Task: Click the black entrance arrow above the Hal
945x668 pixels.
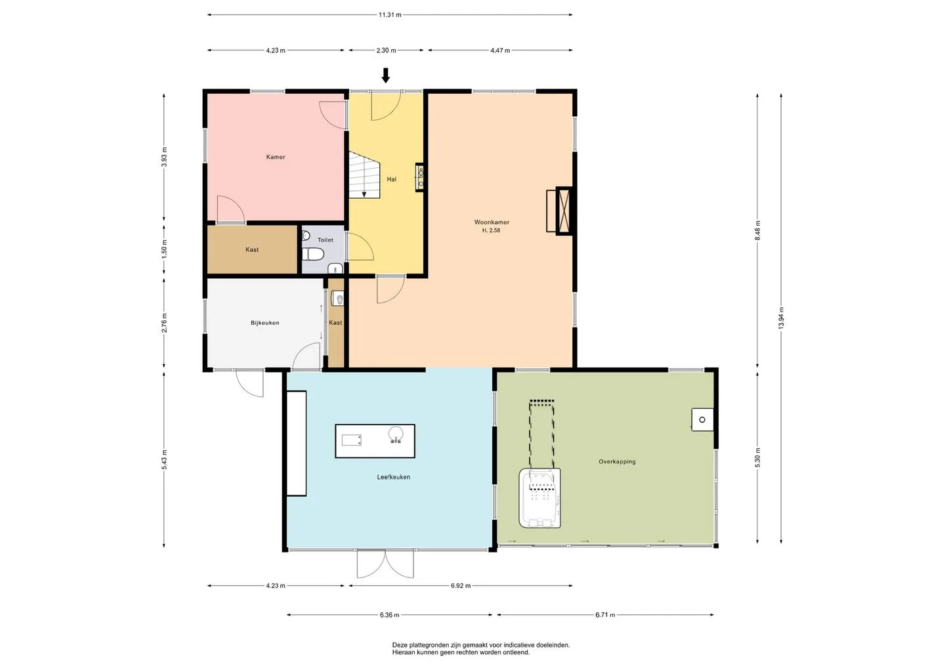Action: [x=386, y=75]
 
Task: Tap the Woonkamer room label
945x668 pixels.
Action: [x=492, y=222]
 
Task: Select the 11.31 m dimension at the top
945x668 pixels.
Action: [x=390, y=14]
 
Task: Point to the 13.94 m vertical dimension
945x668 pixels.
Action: [x=781, y=318]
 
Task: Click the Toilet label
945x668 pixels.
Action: [x=325, y=240]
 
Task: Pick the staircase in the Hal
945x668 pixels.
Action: [x=364, y=175]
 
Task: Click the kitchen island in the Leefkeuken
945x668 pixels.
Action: [x=375, y=441]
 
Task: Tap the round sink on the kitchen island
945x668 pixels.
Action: [x=396, y=434]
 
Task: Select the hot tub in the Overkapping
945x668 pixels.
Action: [x=540, y=498]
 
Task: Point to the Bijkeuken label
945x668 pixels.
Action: [x=265, y=323]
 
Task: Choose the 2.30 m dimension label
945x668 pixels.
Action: [x=386, y=51]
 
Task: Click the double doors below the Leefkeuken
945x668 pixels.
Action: [x=385, y=564]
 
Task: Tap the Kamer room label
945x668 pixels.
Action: [x=276, y=157]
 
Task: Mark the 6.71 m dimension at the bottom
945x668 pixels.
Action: [x=605, y=615]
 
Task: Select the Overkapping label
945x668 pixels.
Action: [x=617, y=461]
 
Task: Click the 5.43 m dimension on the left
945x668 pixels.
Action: [x=164, y=459]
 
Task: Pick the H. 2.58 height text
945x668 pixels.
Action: [x=491, y=230]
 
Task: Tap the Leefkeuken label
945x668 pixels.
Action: [x=394, y=477]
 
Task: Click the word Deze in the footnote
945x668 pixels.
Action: [x=400, y=645]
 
